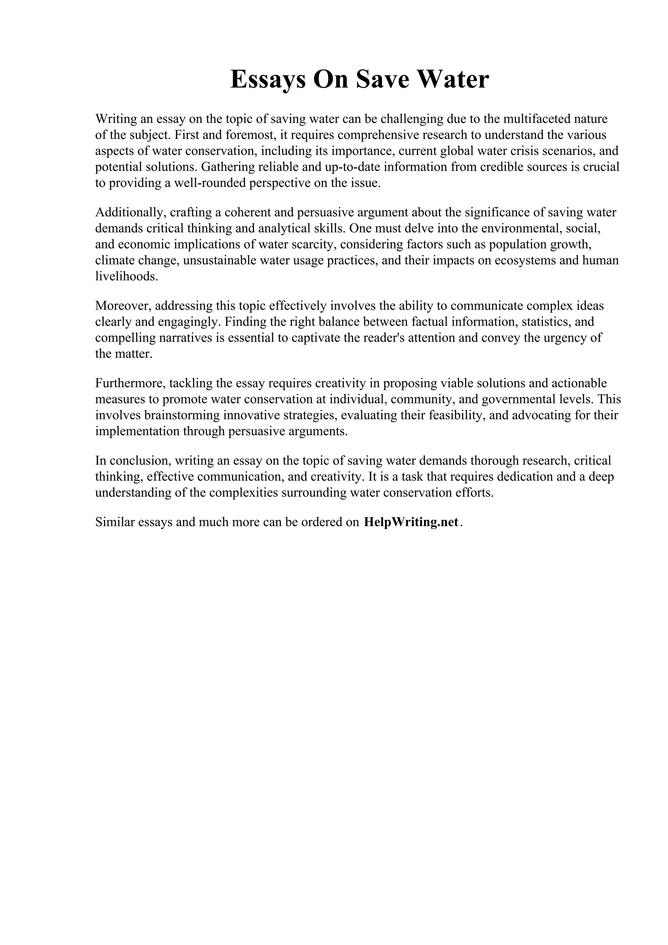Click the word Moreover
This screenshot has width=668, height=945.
[x=123, y=306]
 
